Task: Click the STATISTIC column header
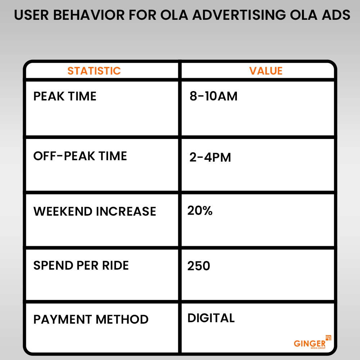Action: click(94, 71)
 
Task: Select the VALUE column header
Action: click(266, 71)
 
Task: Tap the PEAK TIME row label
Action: click(65, 96)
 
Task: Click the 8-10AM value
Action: click(213, 96)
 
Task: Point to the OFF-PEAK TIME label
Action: click(80, 156)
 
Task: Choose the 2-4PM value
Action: click(210, 157)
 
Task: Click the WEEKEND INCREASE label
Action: click(95, 211)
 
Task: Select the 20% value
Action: click(200, 211)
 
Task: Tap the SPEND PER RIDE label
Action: click(81, 265)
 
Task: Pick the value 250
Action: click(199, 266)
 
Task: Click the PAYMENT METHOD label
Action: click(91, 319)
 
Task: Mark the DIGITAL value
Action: click(211, 318)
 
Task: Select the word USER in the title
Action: click(30, 15)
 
